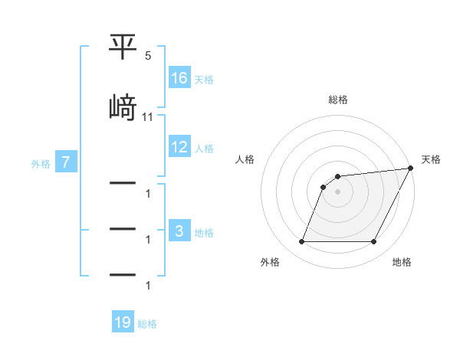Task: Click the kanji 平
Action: [x=123, y=49]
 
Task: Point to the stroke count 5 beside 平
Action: [x=148, y=57]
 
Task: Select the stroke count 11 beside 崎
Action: [x=148, y=117]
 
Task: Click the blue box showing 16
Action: [x=179, y=77]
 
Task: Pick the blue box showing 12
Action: [x=179, y=147]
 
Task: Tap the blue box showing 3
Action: [x=179, y=231]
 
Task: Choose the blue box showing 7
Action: [x=67, y=162]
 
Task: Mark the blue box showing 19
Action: [x=123, y=322]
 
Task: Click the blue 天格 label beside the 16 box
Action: [x=204, y=78]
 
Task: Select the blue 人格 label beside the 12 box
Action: [x=204, y=148]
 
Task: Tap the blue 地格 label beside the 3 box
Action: [x=204, y=232]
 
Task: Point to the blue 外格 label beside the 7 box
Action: [x=41, y=163]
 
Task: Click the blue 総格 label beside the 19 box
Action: [x=147, y=323]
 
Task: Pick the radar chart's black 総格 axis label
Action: [x=338, y=100]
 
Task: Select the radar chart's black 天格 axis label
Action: [x=432, y=159]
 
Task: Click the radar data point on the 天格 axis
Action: [x=411, y=169]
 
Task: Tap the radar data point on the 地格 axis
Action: [x=374, y=242]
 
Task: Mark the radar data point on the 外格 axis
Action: [x=301, y=242]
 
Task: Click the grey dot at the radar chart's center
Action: [x=338, y=192]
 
